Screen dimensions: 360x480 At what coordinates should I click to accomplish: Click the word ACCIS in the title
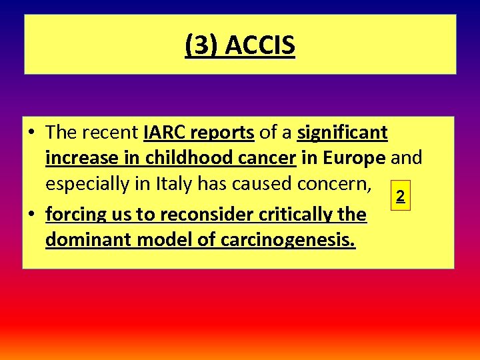(x=260, y=46)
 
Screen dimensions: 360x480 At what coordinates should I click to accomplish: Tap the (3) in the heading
(x=203, y=46)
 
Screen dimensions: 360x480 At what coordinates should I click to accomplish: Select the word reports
(x=222, y=133)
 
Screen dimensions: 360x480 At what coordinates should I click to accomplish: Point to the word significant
(x=342, y=133)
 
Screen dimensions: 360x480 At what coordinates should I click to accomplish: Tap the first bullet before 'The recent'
(x=32, y=133)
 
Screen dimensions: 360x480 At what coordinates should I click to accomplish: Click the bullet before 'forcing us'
(x=32, y=215)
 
